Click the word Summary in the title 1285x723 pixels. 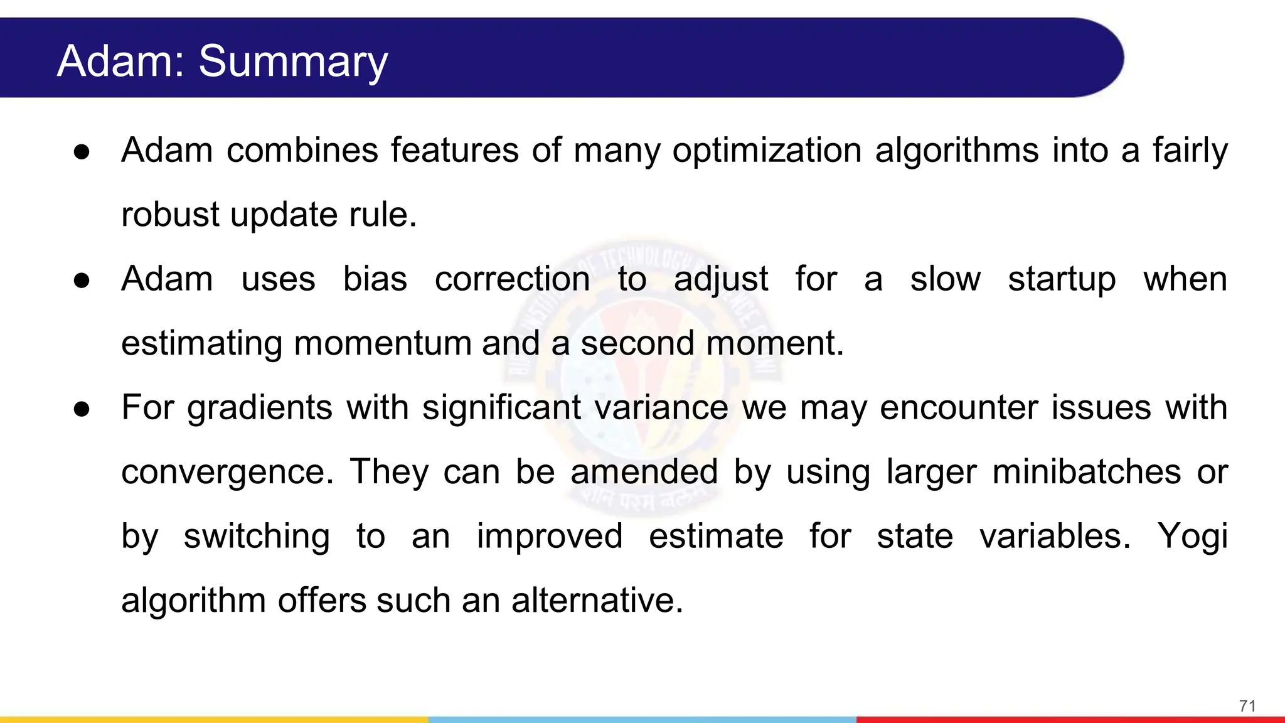(293, 62)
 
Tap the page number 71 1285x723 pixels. (1247, 706)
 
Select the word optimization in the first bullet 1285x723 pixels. (767, 151)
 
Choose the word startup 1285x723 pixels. (1062, 280)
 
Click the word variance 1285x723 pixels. (661, 407)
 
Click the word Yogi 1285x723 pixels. (1192, 537)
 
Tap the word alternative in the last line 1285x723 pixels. (597, 601)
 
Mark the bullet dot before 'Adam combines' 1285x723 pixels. (82, 152)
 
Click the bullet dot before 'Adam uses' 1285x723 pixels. (82, 281)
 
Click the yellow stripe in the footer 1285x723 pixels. (213, 719)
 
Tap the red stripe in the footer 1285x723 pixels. (1070, 719)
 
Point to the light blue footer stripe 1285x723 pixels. (642, 719)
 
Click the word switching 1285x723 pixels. (257, 537)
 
